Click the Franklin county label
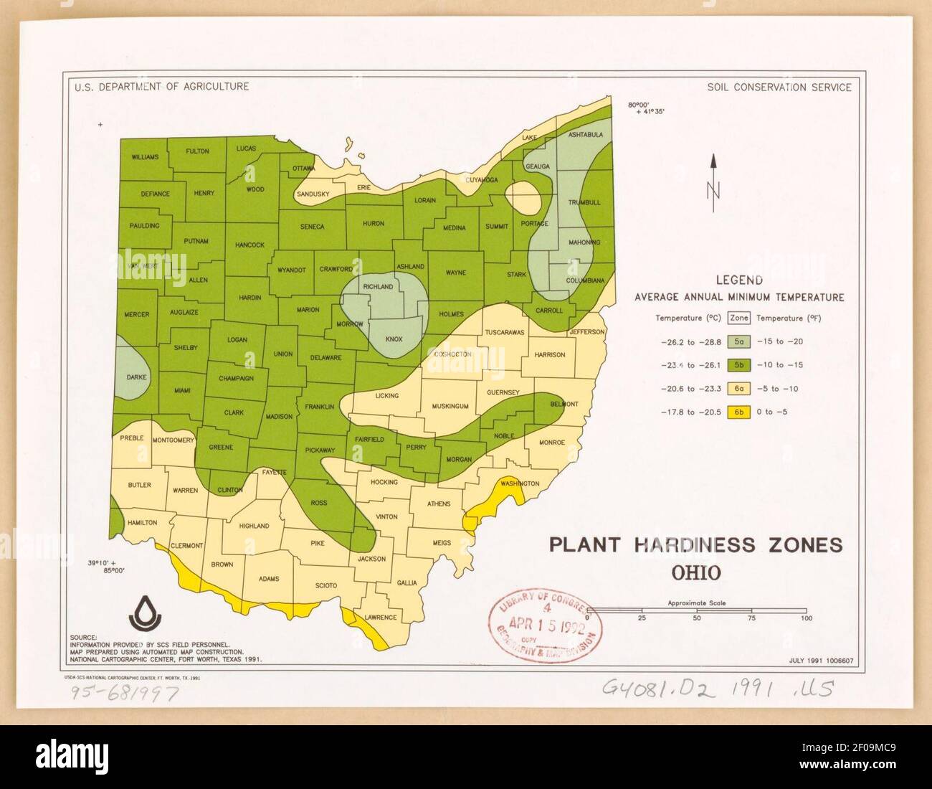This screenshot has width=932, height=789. [320, 407]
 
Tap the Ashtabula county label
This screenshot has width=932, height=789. [585, 135]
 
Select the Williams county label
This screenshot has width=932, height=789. [145, 156]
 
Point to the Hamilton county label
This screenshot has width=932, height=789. [142, 522]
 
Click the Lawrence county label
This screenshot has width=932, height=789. [380, 617]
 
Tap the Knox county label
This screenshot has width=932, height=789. [394, 339]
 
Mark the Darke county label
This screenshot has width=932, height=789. [136, 377]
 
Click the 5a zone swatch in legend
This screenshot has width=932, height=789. [738, 341]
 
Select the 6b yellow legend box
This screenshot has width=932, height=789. [738, 412]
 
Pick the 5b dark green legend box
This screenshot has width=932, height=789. [738, 365]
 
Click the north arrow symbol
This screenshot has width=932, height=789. [713, 184]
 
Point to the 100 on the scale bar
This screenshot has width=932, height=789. [806, 618]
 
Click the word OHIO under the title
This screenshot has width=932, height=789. [695, 573]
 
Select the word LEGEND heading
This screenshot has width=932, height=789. [739, 280]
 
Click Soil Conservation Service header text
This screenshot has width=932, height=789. [779, 88]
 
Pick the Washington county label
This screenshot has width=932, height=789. [520, 483]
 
